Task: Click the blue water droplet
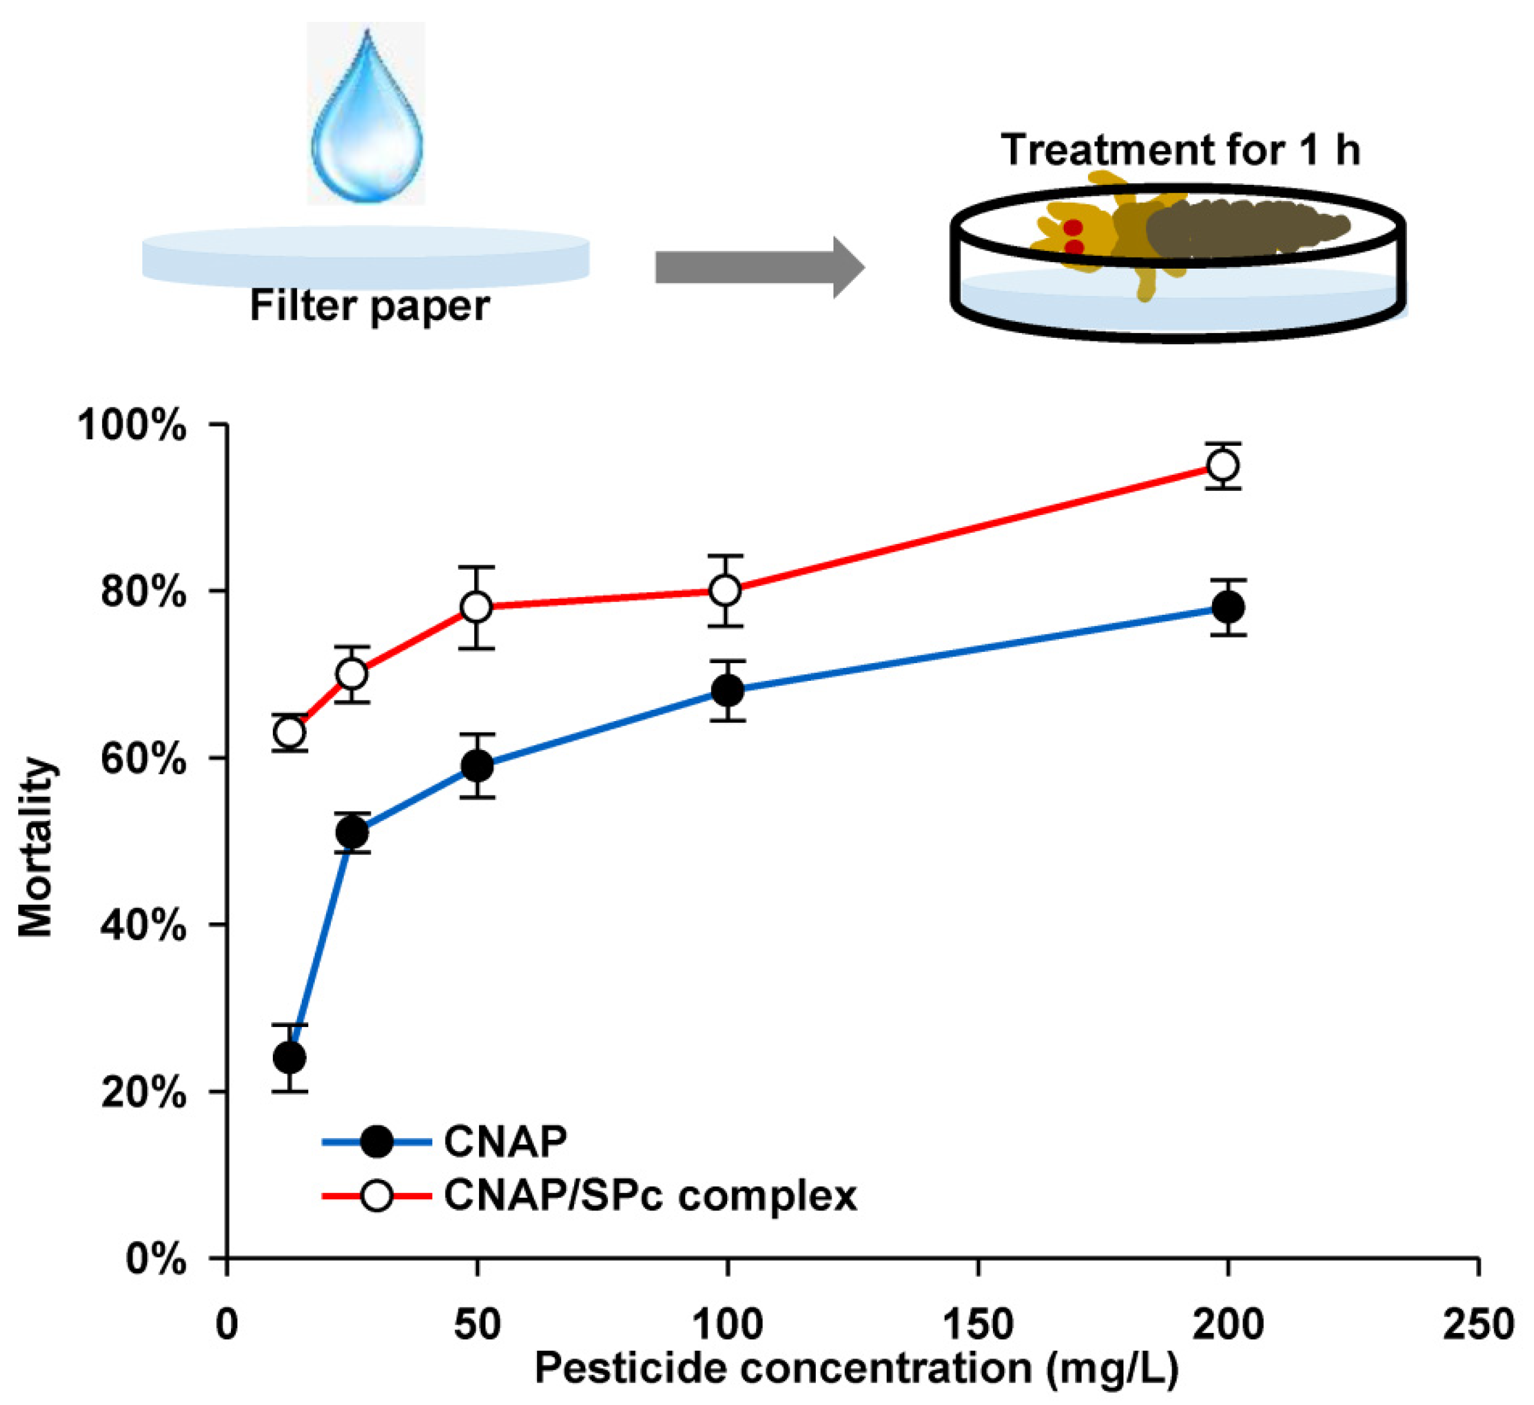point(367,122)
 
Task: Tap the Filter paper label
point(370,307)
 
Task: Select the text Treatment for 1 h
point(1180,150)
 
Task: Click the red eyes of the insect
point(1073,237)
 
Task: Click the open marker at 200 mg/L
point(1223,465)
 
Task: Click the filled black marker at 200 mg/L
point(1228,607)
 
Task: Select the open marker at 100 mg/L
point(725,591)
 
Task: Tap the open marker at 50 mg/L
point(476,607)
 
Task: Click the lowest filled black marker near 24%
point(290,1057)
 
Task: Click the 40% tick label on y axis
point(143,927)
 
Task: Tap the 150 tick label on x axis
point(977,1324)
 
